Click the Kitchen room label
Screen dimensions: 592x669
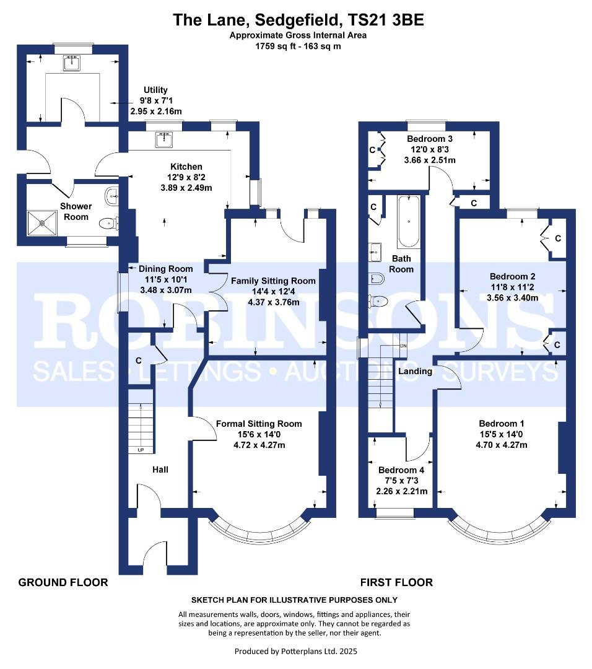coord(186,167)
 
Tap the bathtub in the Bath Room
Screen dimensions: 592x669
coord(409,221)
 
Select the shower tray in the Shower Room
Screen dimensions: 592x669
coord(42,223)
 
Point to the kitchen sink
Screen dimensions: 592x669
coord(164,139)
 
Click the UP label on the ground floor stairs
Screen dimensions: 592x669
coord(141,450)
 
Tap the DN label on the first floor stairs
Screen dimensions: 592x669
coord(403,346)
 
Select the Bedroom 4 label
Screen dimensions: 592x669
coord(401,470)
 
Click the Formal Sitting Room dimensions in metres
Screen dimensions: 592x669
coord(259,445)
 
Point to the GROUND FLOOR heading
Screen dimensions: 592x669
coord(63,582)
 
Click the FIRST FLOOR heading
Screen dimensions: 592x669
coord(396,582)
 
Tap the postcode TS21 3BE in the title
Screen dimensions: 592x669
coord(386,20)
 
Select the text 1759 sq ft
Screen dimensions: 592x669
coord(273,46)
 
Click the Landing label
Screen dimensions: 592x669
coord(415,371)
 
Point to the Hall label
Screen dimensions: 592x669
coord(160,470)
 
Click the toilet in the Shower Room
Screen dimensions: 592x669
coord(108,223)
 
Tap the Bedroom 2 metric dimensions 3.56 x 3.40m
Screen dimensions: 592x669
coord(512,298)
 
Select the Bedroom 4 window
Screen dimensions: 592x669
coord(394,514)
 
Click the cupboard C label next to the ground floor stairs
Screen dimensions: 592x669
coord(138,361)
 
